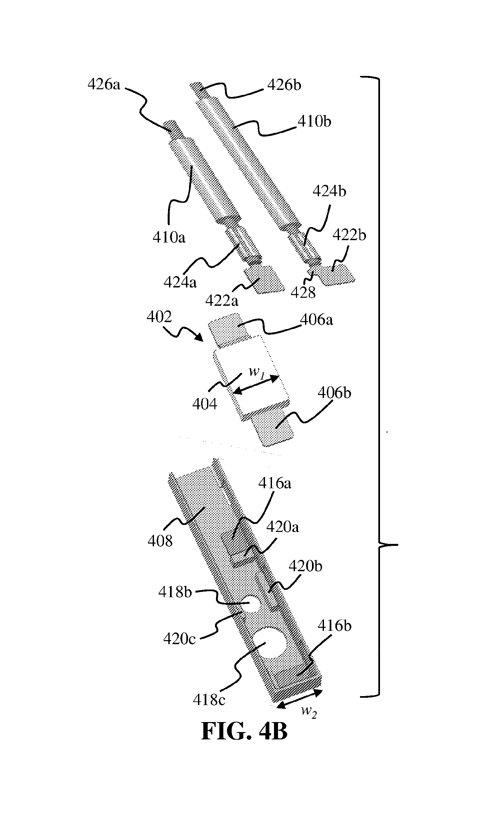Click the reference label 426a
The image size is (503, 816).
pyautogui.click(x=104, y=85)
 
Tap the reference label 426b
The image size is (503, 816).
pyautogui.click(x=284, y=85)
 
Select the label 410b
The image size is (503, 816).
pyautogui.click(x=314, y=122)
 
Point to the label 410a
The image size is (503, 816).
pyautogui.click(x=169, y=237)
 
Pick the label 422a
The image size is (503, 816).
pyautogui.click(x=222, y=300)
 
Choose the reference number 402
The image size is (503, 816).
pyautogui.click(x=159, y=317)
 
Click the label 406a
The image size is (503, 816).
pyautogui.click(x=317, y=320)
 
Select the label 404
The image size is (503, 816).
pyautogui.click(x=205, y=404)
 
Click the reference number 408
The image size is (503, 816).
pyautogui.click(x=160, y=541)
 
